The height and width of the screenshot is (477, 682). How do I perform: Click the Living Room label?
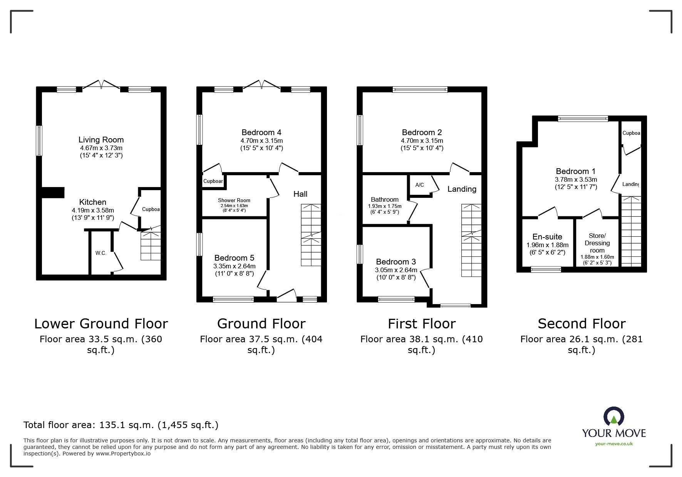click(x=101, y=140)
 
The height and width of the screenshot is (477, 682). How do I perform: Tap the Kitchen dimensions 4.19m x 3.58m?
click(x=93, y=210)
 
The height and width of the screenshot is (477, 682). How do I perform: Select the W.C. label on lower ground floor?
click(x=101, y=253)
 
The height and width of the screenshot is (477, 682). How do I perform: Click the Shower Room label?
click(x=234, y=200)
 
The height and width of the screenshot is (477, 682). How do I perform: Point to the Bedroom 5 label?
click(x=234, y=258)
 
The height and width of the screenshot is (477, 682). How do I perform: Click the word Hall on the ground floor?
click(x=300, y=194)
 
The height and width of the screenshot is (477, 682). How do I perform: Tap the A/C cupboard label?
click(x=420, y=185)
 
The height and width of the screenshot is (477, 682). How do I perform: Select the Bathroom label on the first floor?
click(x=384, y=199)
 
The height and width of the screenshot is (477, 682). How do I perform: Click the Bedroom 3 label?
click(x=396, y=262)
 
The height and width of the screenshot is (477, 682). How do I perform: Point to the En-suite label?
click(x=547, y=237)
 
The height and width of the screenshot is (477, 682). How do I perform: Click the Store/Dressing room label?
click(x=597, y=243)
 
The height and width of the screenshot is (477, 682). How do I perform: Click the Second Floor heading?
click(x=581, y=323)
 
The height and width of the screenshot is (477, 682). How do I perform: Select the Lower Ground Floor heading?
click(x=101, y=323)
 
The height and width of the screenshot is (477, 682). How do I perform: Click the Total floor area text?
click(x=121, y=425)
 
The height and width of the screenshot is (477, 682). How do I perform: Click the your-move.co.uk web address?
click(x=614, y=444)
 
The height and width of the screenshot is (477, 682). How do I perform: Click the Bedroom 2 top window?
click(x=420, y=90)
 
